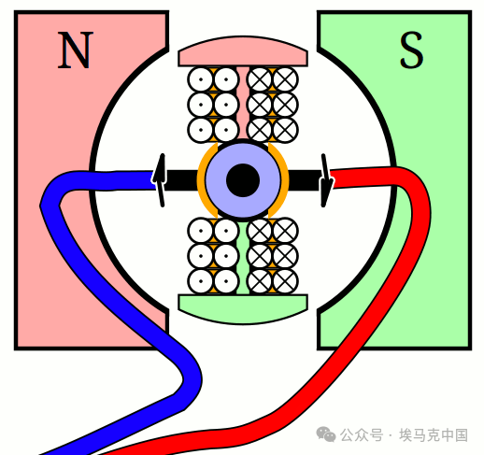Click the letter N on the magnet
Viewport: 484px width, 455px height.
pos(76,50)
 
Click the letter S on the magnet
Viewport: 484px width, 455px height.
pos(411,50)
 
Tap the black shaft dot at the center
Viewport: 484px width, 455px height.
pos(243,180)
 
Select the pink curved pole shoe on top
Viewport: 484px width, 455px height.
pos(243,51)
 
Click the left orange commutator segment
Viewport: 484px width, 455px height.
pos(203,180)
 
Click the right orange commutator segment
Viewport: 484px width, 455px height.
pos(283,180)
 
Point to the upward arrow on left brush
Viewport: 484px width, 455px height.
pos(161,180)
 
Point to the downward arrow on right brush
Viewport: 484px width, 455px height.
pos(325,180)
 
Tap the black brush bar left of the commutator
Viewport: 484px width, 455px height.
pos(180,180)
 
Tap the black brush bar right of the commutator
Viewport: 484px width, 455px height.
pos(305,180)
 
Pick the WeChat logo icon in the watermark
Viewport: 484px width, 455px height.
pos(326,434)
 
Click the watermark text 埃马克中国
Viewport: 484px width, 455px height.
pos(434,435)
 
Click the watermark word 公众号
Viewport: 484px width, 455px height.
pos(362,435)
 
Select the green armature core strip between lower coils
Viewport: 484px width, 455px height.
pos(243,257)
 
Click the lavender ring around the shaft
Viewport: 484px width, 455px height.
pos(243,180)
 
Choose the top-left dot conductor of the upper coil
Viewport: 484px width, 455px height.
pos(201,79)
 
